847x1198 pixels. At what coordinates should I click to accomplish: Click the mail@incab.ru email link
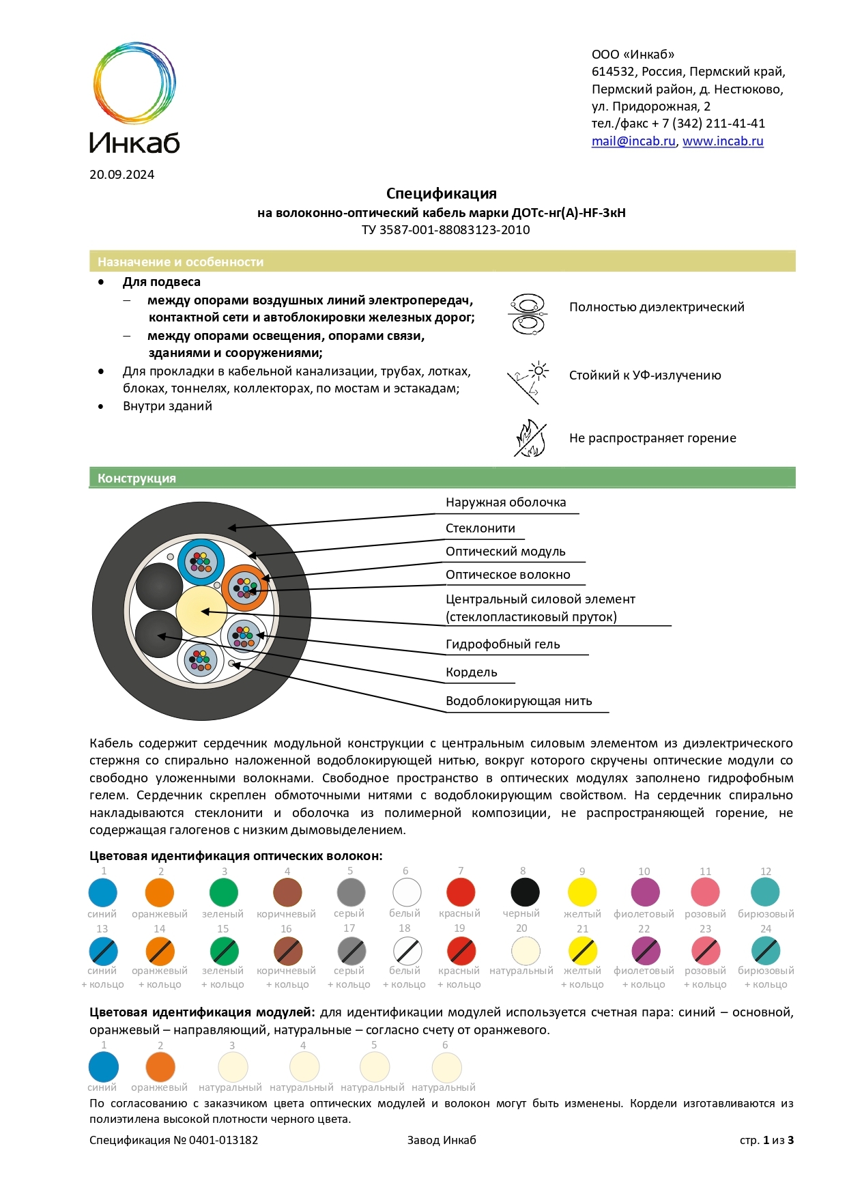633,141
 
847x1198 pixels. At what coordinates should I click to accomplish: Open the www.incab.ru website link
722,141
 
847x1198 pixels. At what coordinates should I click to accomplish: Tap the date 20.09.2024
122,175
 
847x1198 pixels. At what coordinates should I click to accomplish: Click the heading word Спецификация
441,194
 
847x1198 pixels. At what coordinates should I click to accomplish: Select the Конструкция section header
137,479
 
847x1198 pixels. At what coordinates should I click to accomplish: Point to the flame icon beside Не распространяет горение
530,438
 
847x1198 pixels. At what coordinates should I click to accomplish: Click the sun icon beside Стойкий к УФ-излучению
539,371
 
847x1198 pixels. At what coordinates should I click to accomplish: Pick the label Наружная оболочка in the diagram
505,502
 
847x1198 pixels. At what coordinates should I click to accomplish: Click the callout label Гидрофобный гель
502,644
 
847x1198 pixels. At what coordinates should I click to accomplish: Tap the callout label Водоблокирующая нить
518,701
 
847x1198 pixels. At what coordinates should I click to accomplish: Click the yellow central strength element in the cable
201,610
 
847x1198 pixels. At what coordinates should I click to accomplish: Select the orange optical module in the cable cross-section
244,588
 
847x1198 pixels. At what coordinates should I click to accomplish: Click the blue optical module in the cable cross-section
201,562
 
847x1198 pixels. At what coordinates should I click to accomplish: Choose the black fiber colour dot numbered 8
525,892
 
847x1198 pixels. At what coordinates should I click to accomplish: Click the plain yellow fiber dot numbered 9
582,892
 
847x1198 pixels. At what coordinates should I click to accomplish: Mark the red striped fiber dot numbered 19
461,951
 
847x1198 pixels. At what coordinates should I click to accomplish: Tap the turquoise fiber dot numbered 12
765,892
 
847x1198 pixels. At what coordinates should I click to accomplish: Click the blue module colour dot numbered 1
103,1067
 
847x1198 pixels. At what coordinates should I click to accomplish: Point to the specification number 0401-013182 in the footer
223,1140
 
